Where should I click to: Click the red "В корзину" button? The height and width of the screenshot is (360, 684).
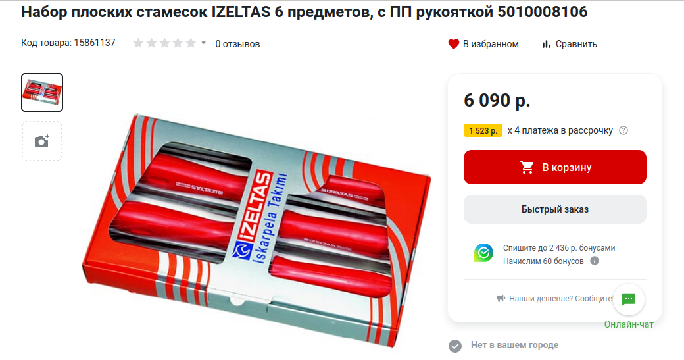(x=555, y=167)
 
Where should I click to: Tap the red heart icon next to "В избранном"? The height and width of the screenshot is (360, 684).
(x=454, y=44)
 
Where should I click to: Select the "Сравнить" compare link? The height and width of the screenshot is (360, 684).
(x=570, y=44)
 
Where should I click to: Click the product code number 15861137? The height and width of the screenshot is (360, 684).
(x=95, y=43)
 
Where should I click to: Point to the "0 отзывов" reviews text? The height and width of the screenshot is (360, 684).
(x=237, y=44)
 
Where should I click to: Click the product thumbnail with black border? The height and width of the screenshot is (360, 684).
(x=42, y=93)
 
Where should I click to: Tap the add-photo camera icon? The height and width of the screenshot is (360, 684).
(x=42, y=141)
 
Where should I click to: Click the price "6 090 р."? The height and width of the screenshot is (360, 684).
(x=497, y=100)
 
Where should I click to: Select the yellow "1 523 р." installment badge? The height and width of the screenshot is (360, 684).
(x=483, y=130)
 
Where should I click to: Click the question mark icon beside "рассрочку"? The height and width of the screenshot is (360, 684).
(x=623, y=130)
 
